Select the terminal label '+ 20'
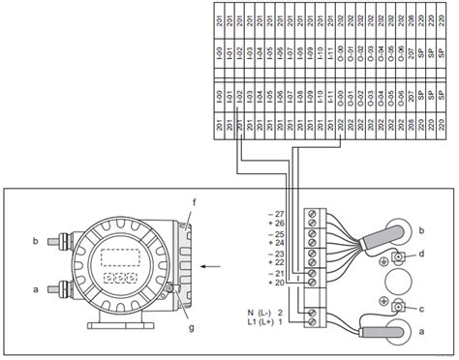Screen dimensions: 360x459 (x=278, y=283)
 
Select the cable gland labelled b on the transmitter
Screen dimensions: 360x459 (x=57, y=238)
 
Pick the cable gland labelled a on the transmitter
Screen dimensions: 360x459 (x=57, y=288)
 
